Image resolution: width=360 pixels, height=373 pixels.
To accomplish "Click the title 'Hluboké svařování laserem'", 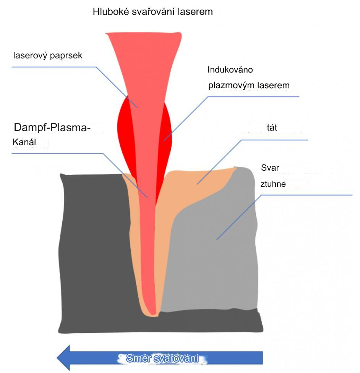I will tap(152, 12).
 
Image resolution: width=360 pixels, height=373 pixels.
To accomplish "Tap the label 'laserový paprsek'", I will tap(48, 56).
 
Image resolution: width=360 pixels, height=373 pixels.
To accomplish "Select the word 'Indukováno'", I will tap(230, 70).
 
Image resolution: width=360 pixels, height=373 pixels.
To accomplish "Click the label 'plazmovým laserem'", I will tap(249, 85).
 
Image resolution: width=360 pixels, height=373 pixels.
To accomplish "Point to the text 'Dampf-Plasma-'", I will tap(52, 127).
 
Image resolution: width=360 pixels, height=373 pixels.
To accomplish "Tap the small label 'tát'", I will tap(272, 128).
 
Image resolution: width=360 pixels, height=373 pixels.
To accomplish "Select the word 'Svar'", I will tap(270, 168).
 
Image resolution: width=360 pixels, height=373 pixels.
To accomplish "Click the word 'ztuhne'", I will tap(273, 184).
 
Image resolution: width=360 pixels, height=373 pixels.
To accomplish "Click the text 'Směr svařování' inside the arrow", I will tap(162, 358).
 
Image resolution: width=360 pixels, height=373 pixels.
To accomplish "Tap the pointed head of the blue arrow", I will tap(63, 358).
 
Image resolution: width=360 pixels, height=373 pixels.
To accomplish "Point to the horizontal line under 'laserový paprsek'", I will tap(54, 67).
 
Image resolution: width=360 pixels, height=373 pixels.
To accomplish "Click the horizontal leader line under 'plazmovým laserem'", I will tap(252, 97).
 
